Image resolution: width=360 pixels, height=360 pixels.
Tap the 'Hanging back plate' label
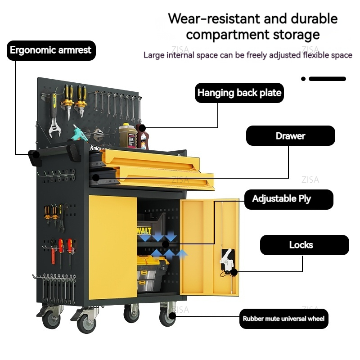point(239,93)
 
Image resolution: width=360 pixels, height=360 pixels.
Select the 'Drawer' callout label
point(290,135)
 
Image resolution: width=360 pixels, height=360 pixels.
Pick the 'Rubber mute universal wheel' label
point(283,319)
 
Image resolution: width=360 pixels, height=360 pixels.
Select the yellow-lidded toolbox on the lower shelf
point(153,272)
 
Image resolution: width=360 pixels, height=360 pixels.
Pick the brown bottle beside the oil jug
point(143,137)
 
